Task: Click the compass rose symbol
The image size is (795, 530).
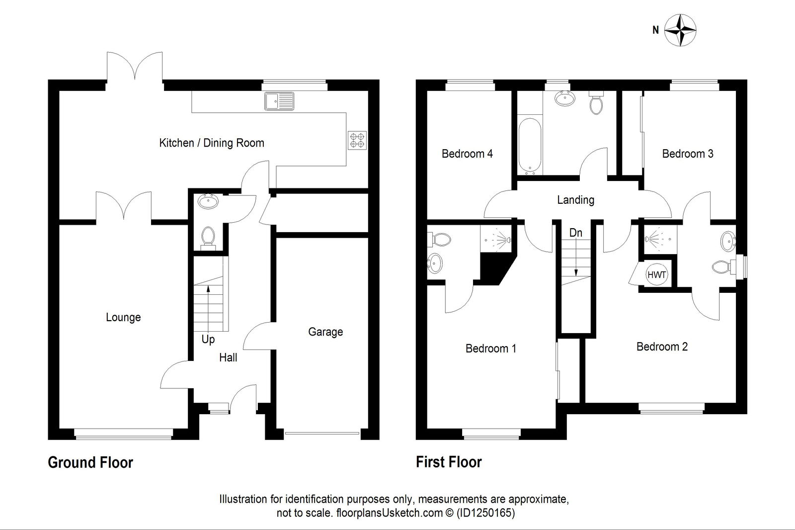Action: tap(680, 31)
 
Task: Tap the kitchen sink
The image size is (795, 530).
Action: tap(279, 101)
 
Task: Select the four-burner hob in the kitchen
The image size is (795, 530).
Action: tap(357, 140)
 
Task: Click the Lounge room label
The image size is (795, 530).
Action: tap(123, 317)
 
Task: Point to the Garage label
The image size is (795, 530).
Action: tap(325, 332)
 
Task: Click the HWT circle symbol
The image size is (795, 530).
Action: tap(656, 274)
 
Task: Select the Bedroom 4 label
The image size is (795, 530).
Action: tap(467, 154)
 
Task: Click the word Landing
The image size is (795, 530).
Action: tap(575, 200)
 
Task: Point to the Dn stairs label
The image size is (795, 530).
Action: tap(576, 233)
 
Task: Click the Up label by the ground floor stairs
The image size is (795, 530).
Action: tap(208, 339)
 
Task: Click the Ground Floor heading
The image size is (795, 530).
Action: tap(90, 462)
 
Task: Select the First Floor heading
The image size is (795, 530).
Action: tap(449, 462)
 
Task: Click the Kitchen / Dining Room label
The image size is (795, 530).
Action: tap(211, 143)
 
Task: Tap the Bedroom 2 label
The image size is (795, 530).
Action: tap(662, 347)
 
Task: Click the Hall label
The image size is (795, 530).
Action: tap(228, 357)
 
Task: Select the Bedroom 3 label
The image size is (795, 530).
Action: tap(688, 154)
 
